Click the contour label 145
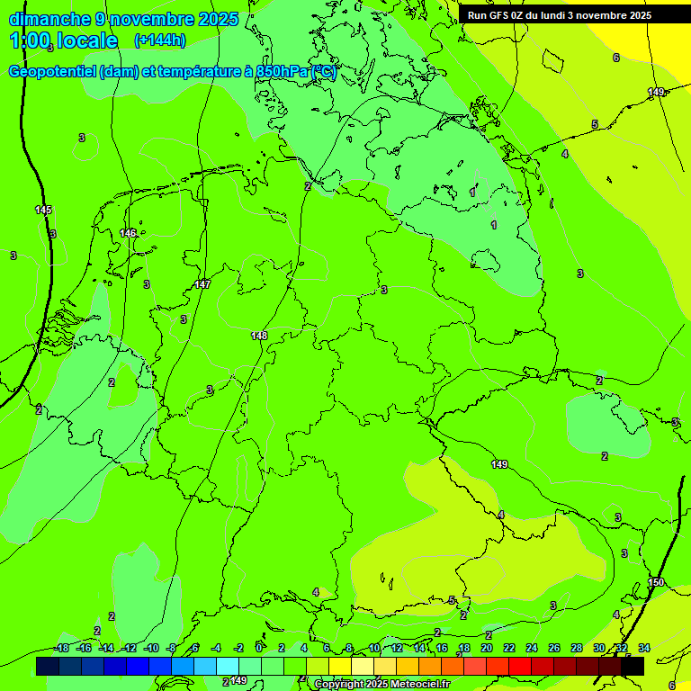pos(43,210)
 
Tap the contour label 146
pos(128,233)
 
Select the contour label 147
pos(202,284)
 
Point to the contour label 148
pos(259,336)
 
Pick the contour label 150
pos(656,583)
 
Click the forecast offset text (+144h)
pos(160,40)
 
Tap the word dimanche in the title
pos(49,19)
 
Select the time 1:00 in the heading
pos(30,40)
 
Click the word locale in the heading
pos(88,40)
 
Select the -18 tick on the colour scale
pos(61,648)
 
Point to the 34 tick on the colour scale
pos(644,648)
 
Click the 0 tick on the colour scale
pos(259,648)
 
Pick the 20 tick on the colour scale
pos(487,648)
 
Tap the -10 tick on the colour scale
pos(151,648)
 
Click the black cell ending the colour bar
pos(633,666)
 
